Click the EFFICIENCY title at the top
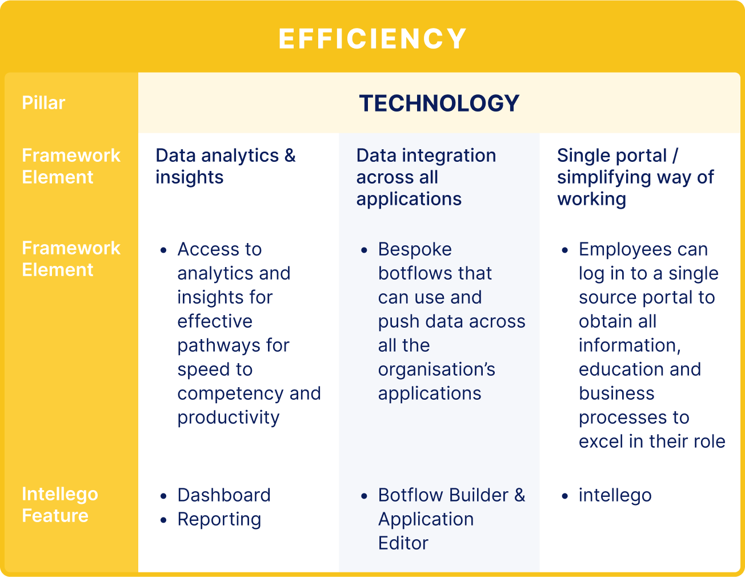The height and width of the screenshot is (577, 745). (x=372, y=39)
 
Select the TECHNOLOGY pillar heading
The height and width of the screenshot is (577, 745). (x=439, y=103)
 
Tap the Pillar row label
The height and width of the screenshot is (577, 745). (x=43, y=102)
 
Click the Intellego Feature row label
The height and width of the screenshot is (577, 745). (x=60, y=504)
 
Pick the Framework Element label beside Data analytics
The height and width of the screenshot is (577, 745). (x=71, y=166)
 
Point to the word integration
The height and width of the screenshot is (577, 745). (x=449, y=156)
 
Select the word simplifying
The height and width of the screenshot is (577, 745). (x=604, y=178)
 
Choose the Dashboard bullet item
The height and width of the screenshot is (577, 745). (x=224, y=495)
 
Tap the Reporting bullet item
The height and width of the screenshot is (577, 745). (x=219, y=519)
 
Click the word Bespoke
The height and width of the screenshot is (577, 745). (x=415, y=249)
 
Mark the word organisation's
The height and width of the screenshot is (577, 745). (x=437, y=369)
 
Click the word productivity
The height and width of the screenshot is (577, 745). (x=229, y=418)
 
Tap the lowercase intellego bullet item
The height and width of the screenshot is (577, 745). (x=615, y=496)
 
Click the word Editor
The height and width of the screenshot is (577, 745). (x=403, y=543)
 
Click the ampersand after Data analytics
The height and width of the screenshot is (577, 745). (x=290, y=156)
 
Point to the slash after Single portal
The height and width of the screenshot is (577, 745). (x=675, y=156)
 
